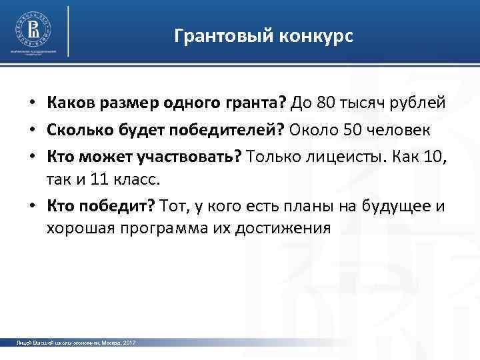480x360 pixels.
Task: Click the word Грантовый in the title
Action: click(x=213, y=36)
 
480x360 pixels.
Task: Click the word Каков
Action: click(x=69, y=103)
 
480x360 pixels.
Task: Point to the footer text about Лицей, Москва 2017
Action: click(x=76, y=343)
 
